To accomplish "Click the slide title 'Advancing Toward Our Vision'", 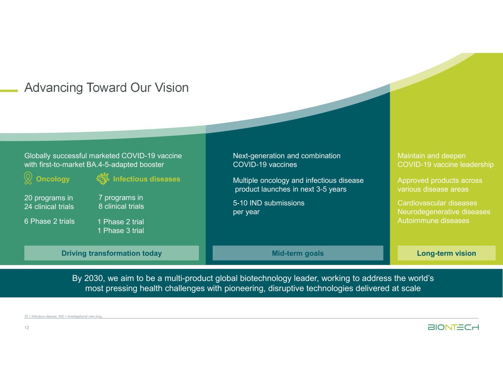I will click(x=106, y=88).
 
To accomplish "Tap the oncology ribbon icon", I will click(x=28, y=178).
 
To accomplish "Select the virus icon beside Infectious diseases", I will click(x=103, y=179).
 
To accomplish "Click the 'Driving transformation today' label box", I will click(x=111, y=253).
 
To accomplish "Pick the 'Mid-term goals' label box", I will click(x=298, y=253).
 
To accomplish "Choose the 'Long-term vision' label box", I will click(x=446, y=253).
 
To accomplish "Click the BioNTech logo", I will click(x=453, y=327).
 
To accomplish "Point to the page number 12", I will click(x=27, y=328).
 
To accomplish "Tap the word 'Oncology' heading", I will click(x=53, y=179).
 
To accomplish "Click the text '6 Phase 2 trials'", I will click(x=49, y=221).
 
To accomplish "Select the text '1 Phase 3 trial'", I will click(x=120, y=231).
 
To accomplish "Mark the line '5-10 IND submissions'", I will click(x=269, y=203).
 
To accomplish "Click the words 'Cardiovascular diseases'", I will click(x=437, y=203).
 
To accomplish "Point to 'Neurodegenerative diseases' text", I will click(x=444, y=212).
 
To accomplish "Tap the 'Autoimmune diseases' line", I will click(x=433, y=221).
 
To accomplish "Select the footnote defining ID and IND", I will click(x=63, y=316).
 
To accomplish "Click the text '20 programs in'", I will click(x=48, y=198).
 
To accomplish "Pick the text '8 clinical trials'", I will click(x=121, y=206).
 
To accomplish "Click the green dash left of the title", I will click(x=9, y=90).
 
